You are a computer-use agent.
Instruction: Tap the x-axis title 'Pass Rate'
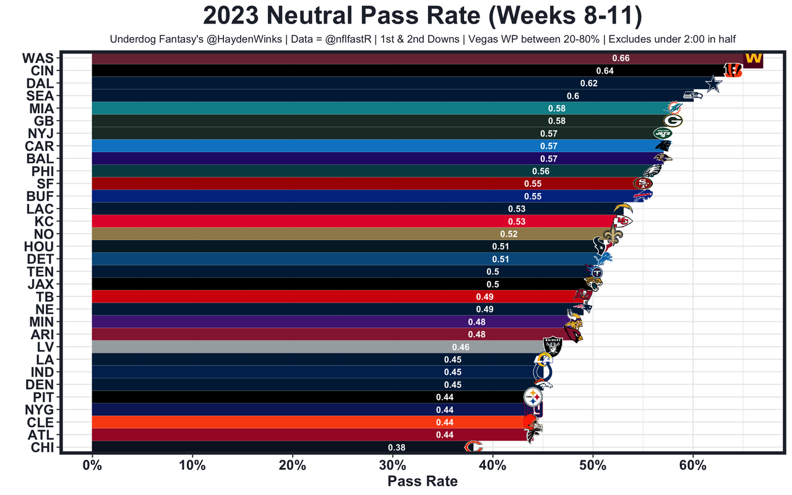point(423,481)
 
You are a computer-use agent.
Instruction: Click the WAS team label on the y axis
point(38,58)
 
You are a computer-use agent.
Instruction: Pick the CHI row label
point(40,447)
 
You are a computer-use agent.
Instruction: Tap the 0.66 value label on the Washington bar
point(621,58)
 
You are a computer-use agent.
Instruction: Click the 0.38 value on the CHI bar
point(397,447)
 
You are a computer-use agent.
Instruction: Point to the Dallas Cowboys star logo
point(714,84)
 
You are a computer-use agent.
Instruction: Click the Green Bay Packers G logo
point(673,121)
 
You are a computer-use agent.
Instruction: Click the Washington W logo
point(753,59)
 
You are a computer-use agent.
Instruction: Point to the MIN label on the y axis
point(41,322)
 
